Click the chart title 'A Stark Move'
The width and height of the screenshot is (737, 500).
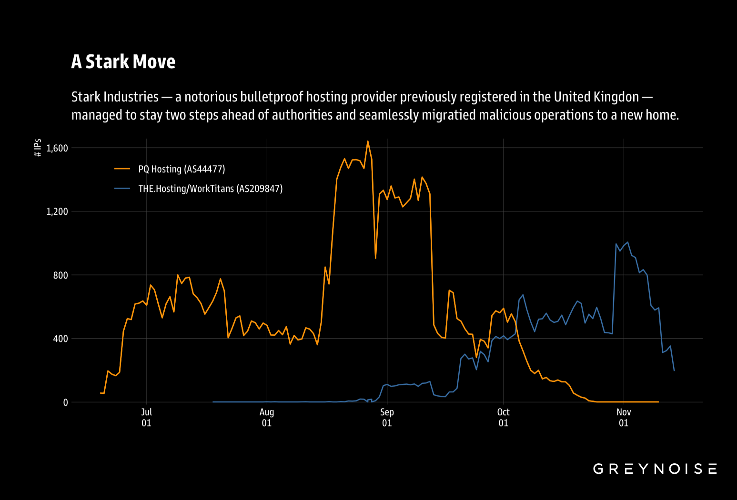(x=123, y=62)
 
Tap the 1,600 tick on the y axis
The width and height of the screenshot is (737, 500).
(x=57, y=148)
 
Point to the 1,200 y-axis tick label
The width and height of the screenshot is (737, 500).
(x=57, y=211)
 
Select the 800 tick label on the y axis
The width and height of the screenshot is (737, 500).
(x=61, y=275)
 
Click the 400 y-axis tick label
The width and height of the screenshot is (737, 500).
(x=61, y=339)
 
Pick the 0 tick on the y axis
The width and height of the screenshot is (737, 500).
(x=66, y=402)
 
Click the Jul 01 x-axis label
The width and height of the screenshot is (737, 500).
(x=146, y=418)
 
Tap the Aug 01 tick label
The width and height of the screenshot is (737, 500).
(x=267, y=418)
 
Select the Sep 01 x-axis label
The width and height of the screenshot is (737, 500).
(x=387, y=418)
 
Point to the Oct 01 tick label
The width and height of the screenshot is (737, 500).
(x=504, y=418)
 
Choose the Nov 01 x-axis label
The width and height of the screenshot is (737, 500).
(x=624, y=418)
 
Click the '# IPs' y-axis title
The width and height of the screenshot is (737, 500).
(x=38, y=148)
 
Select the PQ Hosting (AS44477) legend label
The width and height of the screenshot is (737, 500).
(x=182, y=169)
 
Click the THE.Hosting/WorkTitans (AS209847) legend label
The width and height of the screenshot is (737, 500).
(x=211, y=189)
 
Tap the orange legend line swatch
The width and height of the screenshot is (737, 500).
(x=122, y=169)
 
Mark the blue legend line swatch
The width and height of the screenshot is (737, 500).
(x=122, y=188)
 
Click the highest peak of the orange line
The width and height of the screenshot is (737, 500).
(x=368, y=141)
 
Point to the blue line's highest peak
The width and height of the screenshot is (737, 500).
(x=627, y=242)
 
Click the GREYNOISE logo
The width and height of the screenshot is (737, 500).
(x=655, y=469)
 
